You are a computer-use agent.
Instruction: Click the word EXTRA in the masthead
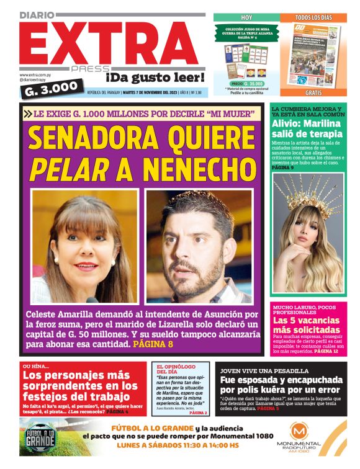(x=109, y=39)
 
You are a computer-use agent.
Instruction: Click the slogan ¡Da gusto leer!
(x=155, y=78)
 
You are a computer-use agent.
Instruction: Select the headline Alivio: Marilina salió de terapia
(x=307, y=127)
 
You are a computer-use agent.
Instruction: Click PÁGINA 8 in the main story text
(x=153, y=343)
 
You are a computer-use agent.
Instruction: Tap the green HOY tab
(x=246, y=17)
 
